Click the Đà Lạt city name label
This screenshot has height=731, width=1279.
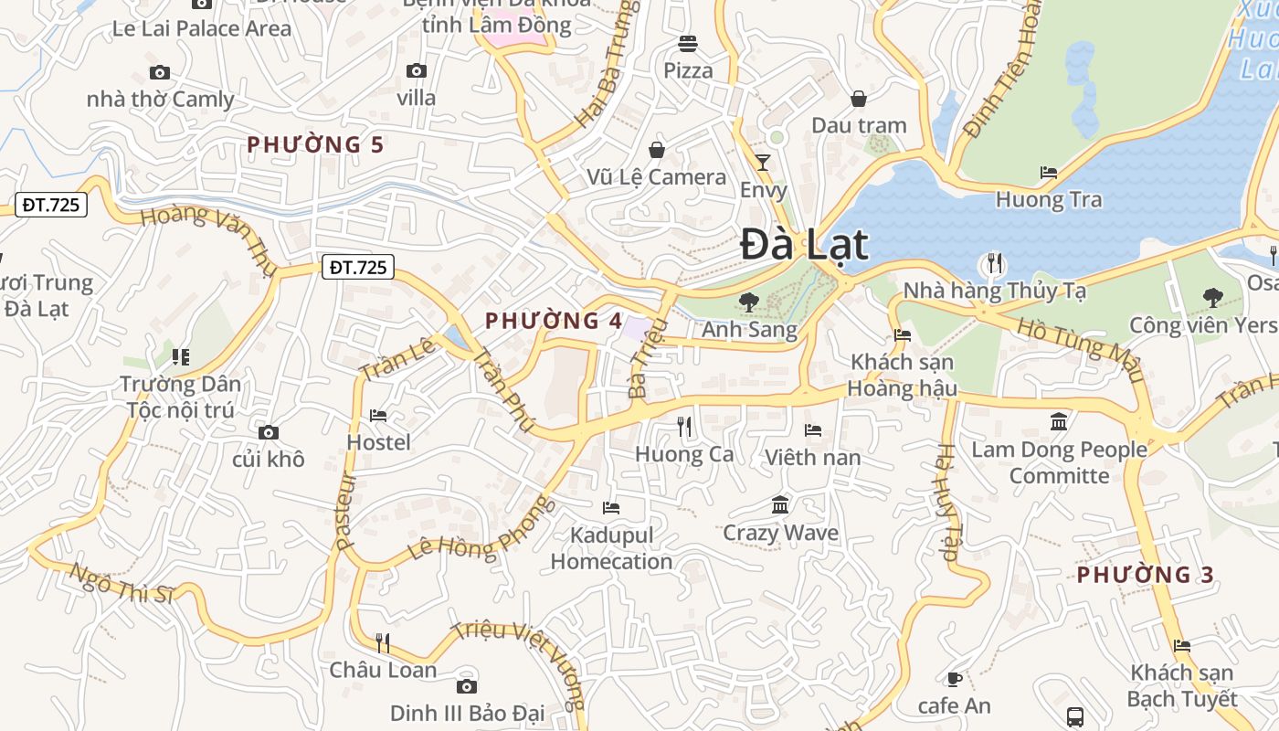pyautogui.click(x=804, y=244)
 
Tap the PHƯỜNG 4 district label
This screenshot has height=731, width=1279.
pyautogui.click(x=554, y=321)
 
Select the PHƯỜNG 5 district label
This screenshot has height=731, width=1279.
pyautogui.click(x=315, y=144)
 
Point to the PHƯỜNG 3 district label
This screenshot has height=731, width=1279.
pyautogui.click(x=1146, y=575)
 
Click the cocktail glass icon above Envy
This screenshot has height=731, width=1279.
pyautogui.click(x=763, y=163)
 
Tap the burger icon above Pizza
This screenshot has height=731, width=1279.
pyautogui.click(x=688, y=43)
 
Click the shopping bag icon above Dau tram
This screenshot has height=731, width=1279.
pyautogui.click(x=859, y=98)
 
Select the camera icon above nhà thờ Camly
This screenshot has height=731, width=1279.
pyautogui.click(x=160, y=72)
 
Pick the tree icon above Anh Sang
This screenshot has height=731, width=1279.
pyautogui.click(x=749, y=301)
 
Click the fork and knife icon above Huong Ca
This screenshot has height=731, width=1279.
pyautogui.click(x=684, y=426)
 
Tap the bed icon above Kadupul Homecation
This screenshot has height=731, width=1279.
pyautogui.click(x=611, y=507)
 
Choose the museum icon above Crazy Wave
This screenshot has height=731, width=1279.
pyautogui.click(x=780, y=504)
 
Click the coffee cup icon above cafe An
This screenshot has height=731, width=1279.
pyautogui.click(x=954, y=678)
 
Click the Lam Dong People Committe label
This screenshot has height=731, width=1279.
pyautogui.click(x=1059, y=462)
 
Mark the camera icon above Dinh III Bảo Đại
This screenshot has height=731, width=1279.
pyautogui.click(x=467, y=686)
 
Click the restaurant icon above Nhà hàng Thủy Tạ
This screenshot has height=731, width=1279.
pyautogui.click(x=994, y=264)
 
